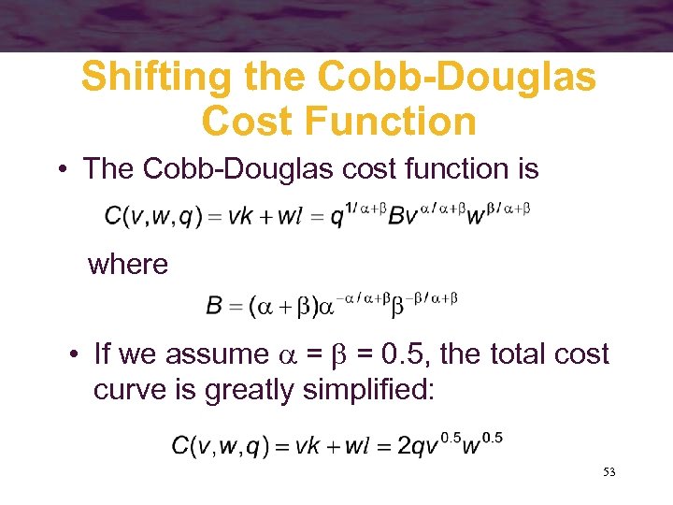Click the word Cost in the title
[x=236, y=122]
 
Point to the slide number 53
[x=609, y=473]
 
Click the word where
[x=128, y=265]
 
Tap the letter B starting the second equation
[x=213, y=306]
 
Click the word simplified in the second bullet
[x=368, y=389]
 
